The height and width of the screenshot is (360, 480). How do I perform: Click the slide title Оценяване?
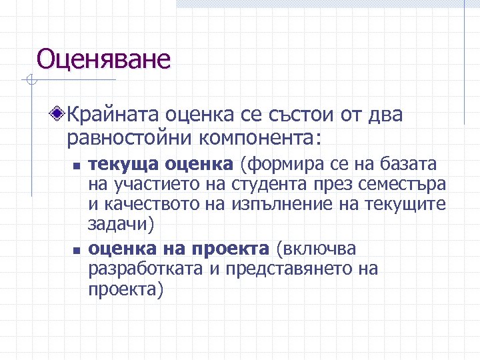point(103,59)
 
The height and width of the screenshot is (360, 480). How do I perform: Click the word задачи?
point(118,224)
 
